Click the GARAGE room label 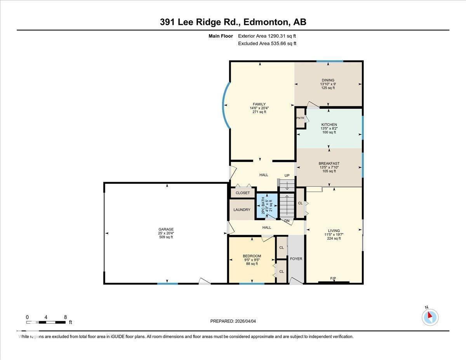[x=166, y=229]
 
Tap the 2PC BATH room [x=266, y=205]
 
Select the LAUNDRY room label [x=242, y=210]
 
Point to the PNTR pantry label [x=300, y=118]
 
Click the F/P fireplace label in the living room [x=333, y=278]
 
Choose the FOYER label [x=296, y=259]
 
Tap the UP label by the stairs [x=287, y=176]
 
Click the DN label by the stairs [x=287, y=221]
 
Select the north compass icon [x=430, y=317]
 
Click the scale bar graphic [x=46, y=322]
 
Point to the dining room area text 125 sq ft [x=328, y=88]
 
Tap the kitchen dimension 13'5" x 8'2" [x=329, y=129]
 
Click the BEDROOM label [x=252, y=256]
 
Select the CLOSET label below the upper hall [x=243, y=193]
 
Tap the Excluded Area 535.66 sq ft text [x=267, y=43]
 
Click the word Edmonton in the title [x=268, y=22]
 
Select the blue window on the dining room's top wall [x=329, y=61]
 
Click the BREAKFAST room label [x=329, y=163]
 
